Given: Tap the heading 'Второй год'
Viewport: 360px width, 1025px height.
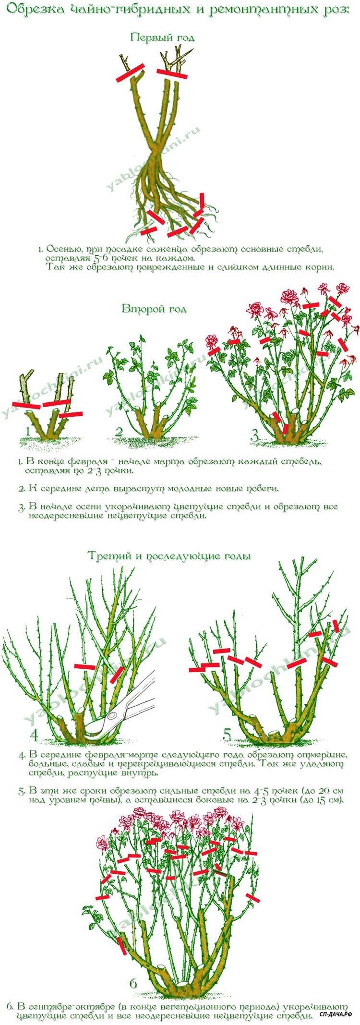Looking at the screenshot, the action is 154,309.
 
